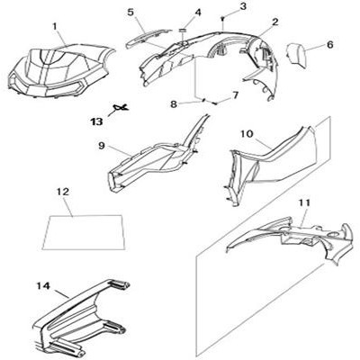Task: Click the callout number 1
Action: point(55,27)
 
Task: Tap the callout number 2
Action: point(275,22)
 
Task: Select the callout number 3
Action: point(243,6)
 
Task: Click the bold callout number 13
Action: point(97,121)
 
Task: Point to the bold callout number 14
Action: point(43,285)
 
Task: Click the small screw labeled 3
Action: point(222,19)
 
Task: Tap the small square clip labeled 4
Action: point(182,30)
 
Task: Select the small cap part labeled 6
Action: point(295,56)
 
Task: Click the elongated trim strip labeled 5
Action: point(147,38)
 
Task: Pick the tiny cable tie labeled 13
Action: point(121,107)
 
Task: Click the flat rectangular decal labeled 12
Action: point(84,232)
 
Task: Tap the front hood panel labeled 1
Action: point(60,71)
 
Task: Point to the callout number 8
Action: point(174,104)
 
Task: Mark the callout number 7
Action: point(235,95)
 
